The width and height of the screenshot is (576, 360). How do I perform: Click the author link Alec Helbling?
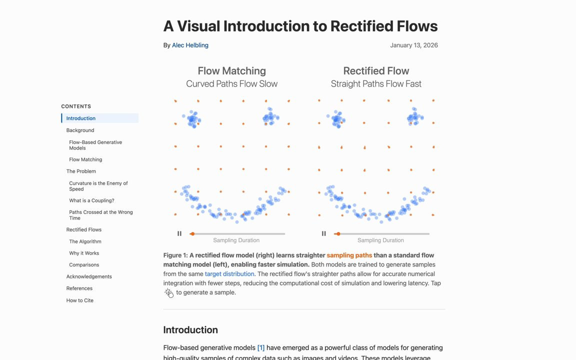pos(190,45)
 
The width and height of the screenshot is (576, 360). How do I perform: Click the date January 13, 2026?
pos(413,45)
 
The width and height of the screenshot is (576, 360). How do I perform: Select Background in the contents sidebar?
pos(80,130)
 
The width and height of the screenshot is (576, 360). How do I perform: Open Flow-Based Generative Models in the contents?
pos(95,145)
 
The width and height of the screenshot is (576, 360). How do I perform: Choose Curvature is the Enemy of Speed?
pos(98,186)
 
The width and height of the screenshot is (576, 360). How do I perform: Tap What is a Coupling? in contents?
pos(91,200)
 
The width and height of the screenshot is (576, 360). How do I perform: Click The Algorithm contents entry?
pos(85,241)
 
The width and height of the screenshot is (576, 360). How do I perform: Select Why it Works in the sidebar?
pos(84,253)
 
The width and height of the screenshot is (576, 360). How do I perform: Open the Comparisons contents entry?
pos(84,265)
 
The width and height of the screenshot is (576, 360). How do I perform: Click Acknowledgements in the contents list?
pos(89,276)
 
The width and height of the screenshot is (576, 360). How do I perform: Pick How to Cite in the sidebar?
pos(79,300)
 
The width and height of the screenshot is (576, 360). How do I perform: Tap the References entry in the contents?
pos(79,288)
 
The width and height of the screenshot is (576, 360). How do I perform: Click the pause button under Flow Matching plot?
pos(179,233)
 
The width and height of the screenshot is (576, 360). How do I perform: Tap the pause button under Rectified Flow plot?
pos(324,233)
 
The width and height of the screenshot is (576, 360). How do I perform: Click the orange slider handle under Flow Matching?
pos(192,233)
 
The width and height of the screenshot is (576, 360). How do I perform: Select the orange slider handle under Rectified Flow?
pos(338,233)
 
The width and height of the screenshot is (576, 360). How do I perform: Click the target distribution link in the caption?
pos(229,274)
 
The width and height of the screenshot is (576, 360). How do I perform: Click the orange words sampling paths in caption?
pos(349,255)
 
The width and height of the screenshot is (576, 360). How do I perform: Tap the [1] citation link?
pos(260,348)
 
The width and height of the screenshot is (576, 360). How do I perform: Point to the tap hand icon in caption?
pos(169,293)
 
